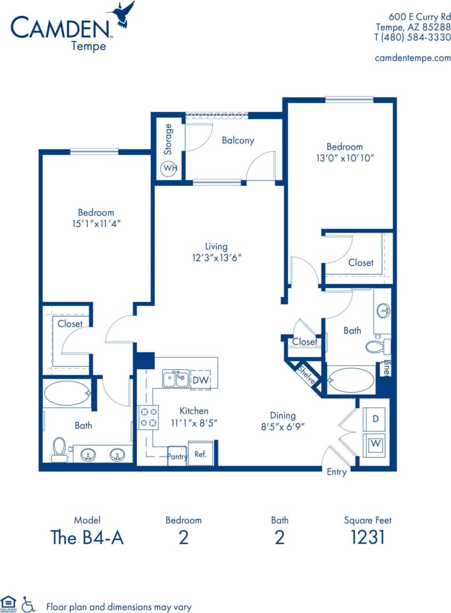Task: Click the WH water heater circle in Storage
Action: click(170, 168)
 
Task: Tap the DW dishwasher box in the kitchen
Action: click(201, 379)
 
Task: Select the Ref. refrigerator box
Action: click(201, 454)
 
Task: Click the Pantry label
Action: click(177, 457)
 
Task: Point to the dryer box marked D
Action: click(375, 419)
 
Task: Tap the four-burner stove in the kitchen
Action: click(148, 417)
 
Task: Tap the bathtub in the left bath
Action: click(67, 394)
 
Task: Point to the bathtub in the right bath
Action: click(351, 380)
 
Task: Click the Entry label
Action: click(337, 472)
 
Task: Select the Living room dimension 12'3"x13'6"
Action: click(216, 258)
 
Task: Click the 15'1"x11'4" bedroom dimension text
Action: click(96, 223)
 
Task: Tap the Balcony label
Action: click(238, 140)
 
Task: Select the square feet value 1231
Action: click(367, 537)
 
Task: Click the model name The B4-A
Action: click(87, 537)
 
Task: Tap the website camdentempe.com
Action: click(413, 58)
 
